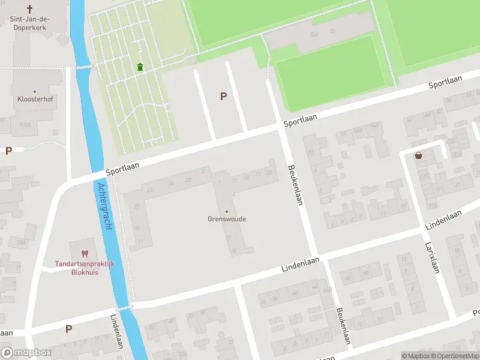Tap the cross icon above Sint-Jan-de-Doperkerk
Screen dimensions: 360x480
coord(30,9)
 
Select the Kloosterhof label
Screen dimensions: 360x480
coord(35,99)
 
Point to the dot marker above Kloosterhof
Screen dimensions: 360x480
coord(35,91)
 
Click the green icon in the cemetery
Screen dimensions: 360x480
coord(140,67)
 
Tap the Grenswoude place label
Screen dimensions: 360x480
coord(227,219)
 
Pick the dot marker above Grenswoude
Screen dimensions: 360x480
coord(227,211)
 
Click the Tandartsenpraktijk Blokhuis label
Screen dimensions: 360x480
coord(85,268)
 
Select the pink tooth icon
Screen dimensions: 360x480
coord(85,254)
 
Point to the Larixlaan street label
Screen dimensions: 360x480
coord(432,257)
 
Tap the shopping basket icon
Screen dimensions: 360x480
coord(418,156)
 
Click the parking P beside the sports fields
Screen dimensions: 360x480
coord(224,96)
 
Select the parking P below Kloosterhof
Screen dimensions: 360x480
coord(8,151)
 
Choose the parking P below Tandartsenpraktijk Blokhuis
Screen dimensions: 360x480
coord(68,329)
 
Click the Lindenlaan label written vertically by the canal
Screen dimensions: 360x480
coord(116,332)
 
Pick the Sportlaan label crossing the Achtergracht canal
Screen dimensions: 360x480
coord(122,167)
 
